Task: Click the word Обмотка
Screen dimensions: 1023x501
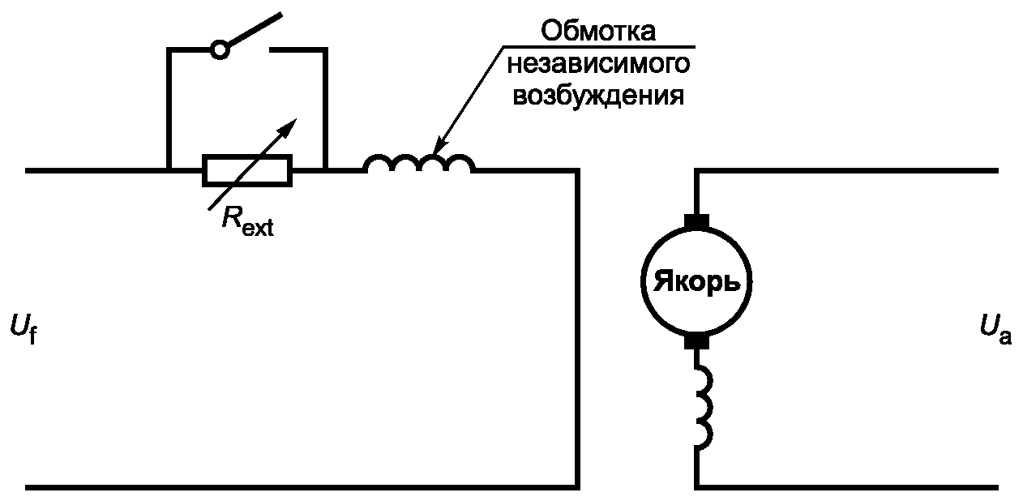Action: (598, 31)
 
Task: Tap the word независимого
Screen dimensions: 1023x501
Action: (598, 64)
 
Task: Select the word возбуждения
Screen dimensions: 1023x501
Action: (598, 95)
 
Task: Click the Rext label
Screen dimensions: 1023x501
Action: (247, 221)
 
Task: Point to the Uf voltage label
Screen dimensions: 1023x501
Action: (24, 329)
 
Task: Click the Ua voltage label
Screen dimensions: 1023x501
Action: (995, 330)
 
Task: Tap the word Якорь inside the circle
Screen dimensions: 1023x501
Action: (696, 282)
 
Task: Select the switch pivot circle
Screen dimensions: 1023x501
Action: (220, 50)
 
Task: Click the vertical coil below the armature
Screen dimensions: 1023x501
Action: (704, 407)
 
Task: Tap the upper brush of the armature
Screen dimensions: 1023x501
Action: (696, 221)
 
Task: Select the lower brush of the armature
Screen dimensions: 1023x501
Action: (696, 342)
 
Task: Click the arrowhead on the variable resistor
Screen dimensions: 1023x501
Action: (289, 127)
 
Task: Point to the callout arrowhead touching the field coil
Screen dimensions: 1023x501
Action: (438, 146)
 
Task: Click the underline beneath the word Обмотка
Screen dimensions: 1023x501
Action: (599, 46)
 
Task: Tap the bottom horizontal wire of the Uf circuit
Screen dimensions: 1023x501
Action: (302, 488)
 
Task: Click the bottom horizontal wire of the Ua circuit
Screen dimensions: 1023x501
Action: (846, 488)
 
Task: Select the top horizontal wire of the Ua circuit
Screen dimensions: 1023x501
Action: (846, 171)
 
